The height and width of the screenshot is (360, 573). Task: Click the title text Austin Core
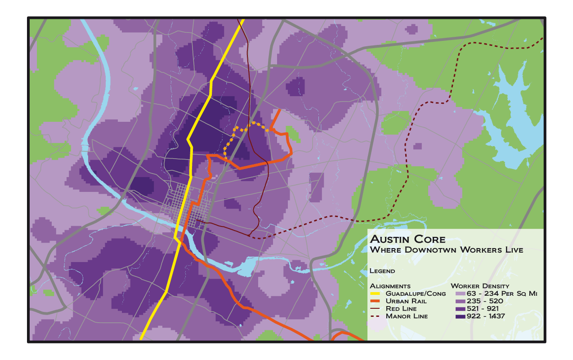[407, 239]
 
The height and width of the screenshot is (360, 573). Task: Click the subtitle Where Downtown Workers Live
[446, 249]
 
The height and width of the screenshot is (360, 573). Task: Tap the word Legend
[382, 271]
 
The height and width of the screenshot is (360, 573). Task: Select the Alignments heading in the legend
[390, 286]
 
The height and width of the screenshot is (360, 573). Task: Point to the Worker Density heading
[480, 286]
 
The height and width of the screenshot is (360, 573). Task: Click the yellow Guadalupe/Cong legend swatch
[375, 293]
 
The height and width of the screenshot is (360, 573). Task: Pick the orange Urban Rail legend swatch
[375, 301]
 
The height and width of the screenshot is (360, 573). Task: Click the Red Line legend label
[401, 309]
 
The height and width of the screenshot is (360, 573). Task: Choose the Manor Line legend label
[407, 316]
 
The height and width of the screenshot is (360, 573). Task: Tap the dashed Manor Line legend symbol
[375, 316]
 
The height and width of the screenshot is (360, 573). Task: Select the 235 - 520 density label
[483, 301]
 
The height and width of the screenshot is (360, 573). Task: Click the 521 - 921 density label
[483, 309]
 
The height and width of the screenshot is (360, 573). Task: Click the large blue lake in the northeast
[513, 121]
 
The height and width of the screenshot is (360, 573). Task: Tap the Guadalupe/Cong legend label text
[416, 293]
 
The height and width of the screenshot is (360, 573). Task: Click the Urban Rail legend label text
[406, 301]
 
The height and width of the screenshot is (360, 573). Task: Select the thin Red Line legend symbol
[375, 309]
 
